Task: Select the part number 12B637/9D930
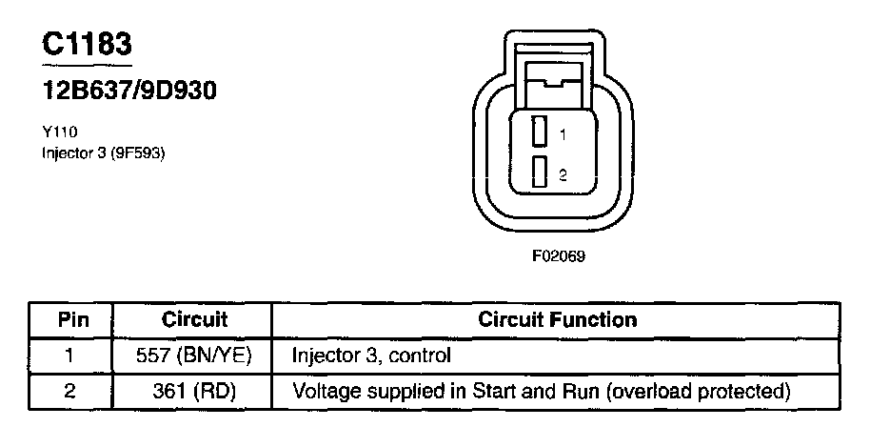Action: click(129, 91)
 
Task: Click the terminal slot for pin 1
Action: click(539, 131)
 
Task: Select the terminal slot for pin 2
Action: click(539, 173)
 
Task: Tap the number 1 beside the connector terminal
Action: click(564, 136)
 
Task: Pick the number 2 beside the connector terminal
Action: click(564, 175)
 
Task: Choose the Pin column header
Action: click(73, 319)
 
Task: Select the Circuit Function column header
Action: click(557, 319)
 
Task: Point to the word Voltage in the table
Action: click(322, 391)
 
